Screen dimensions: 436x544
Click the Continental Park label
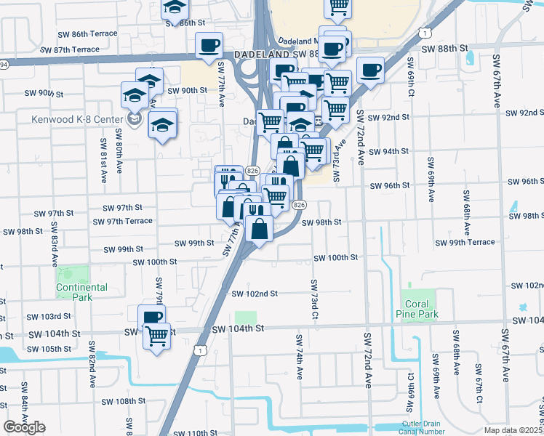(x=82, y=292)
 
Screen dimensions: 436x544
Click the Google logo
(x=24, y=427)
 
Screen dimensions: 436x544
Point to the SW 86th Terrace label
(x=89, y=34)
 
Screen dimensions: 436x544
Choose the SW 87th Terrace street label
(x=71, y=49)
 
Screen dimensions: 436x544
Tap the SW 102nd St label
(x=255, y=294)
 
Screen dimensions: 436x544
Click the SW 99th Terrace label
(x=465, y=242)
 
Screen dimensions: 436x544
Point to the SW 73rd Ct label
(x=314, y=298)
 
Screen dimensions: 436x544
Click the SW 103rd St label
(x=49, y=317)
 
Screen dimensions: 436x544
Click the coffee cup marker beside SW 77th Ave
(x=209, y=46)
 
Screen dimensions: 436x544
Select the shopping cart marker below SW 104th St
(x=156, y=336)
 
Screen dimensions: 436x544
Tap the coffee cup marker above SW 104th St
(x=151, y=317)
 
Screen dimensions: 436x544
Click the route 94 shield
(x=3, y=65)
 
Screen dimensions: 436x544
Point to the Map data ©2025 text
(x=513, y=430)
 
